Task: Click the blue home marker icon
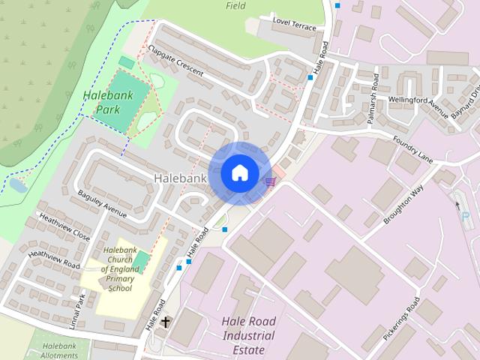(x=239, y=172)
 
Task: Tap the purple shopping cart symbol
(x=271, y=181)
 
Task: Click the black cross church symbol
(x=165, y=322)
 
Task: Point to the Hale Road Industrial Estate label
(x=248, y=334)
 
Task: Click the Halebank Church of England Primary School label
(x=120, y=268)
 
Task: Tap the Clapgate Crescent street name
(x=177, y=59)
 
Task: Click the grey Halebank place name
(x=179, y=178)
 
